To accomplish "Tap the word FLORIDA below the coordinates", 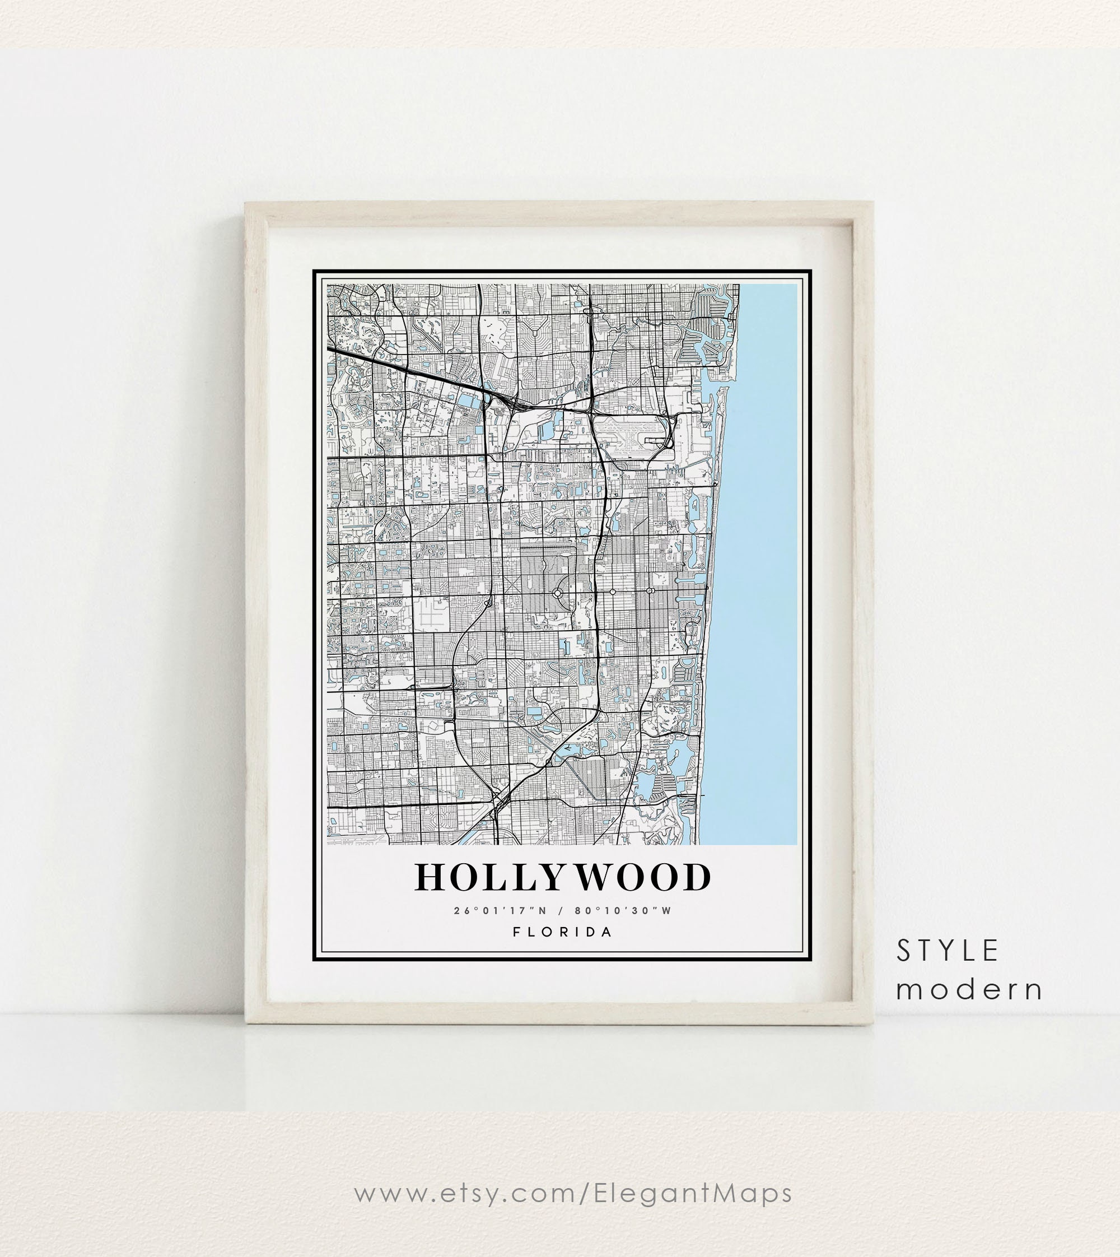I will pyautogui.click(x=562, y=932).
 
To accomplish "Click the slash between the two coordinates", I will pyautogui.click(x=560, y=910).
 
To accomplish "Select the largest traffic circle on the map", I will pyautogui.click(x=558, y=593).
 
